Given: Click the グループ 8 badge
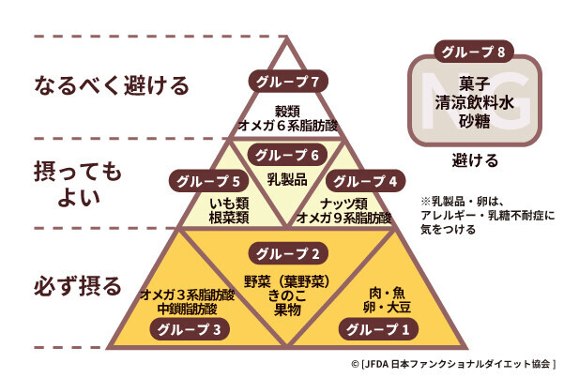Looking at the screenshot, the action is [473, 52].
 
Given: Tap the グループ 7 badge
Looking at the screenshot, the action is [288, 82].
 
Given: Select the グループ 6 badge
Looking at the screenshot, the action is [287, 155].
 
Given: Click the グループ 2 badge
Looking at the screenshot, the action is [288, 253].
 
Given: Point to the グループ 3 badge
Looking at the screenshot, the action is [190, 329].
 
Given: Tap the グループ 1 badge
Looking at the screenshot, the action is [378, 329].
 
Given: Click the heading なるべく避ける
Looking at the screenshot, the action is [112, 85].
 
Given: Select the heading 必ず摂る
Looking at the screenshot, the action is [78, 286].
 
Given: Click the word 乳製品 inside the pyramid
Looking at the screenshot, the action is [287, 179].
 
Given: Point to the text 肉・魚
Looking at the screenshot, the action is [387, 294].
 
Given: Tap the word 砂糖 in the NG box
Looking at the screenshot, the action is [474, 121].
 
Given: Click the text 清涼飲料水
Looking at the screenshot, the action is [474, 102].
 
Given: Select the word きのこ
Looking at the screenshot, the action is [287, 295].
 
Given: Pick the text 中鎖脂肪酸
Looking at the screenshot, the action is [188, 309].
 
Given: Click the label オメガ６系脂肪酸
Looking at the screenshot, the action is [288, 126].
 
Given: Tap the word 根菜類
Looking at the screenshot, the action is [229, 218].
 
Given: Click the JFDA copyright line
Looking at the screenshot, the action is [453, 364].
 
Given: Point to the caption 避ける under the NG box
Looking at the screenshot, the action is [475, 160].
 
